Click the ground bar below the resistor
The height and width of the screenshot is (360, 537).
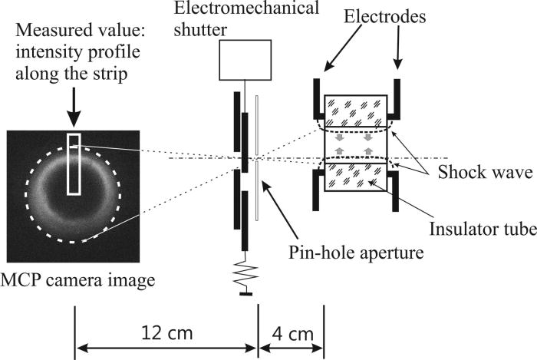(x=242, y=293)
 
